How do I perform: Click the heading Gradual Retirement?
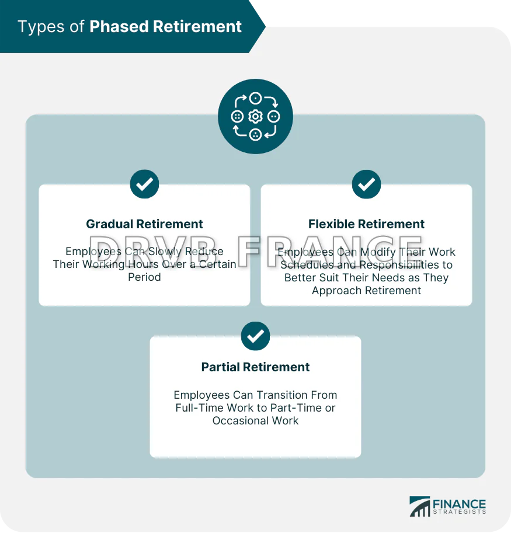coord(144,224)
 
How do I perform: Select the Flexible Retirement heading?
coord(366,224)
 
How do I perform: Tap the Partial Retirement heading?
coord(255,367)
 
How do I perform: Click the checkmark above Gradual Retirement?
coord(144,184)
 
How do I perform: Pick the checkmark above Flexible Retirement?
coord(367,184)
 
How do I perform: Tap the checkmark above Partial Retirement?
coord(255,336)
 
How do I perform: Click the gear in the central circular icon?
coord(255,117)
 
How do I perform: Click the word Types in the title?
coord(41,27)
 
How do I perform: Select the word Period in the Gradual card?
coord(144,277)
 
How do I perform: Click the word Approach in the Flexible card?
coord(338,291)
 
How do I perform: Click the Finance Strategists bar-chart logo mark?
coord(419,507)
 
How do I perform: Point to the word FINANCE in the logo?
coord(459,504)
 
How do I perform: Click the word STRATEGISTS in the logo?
coord(460,512)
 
